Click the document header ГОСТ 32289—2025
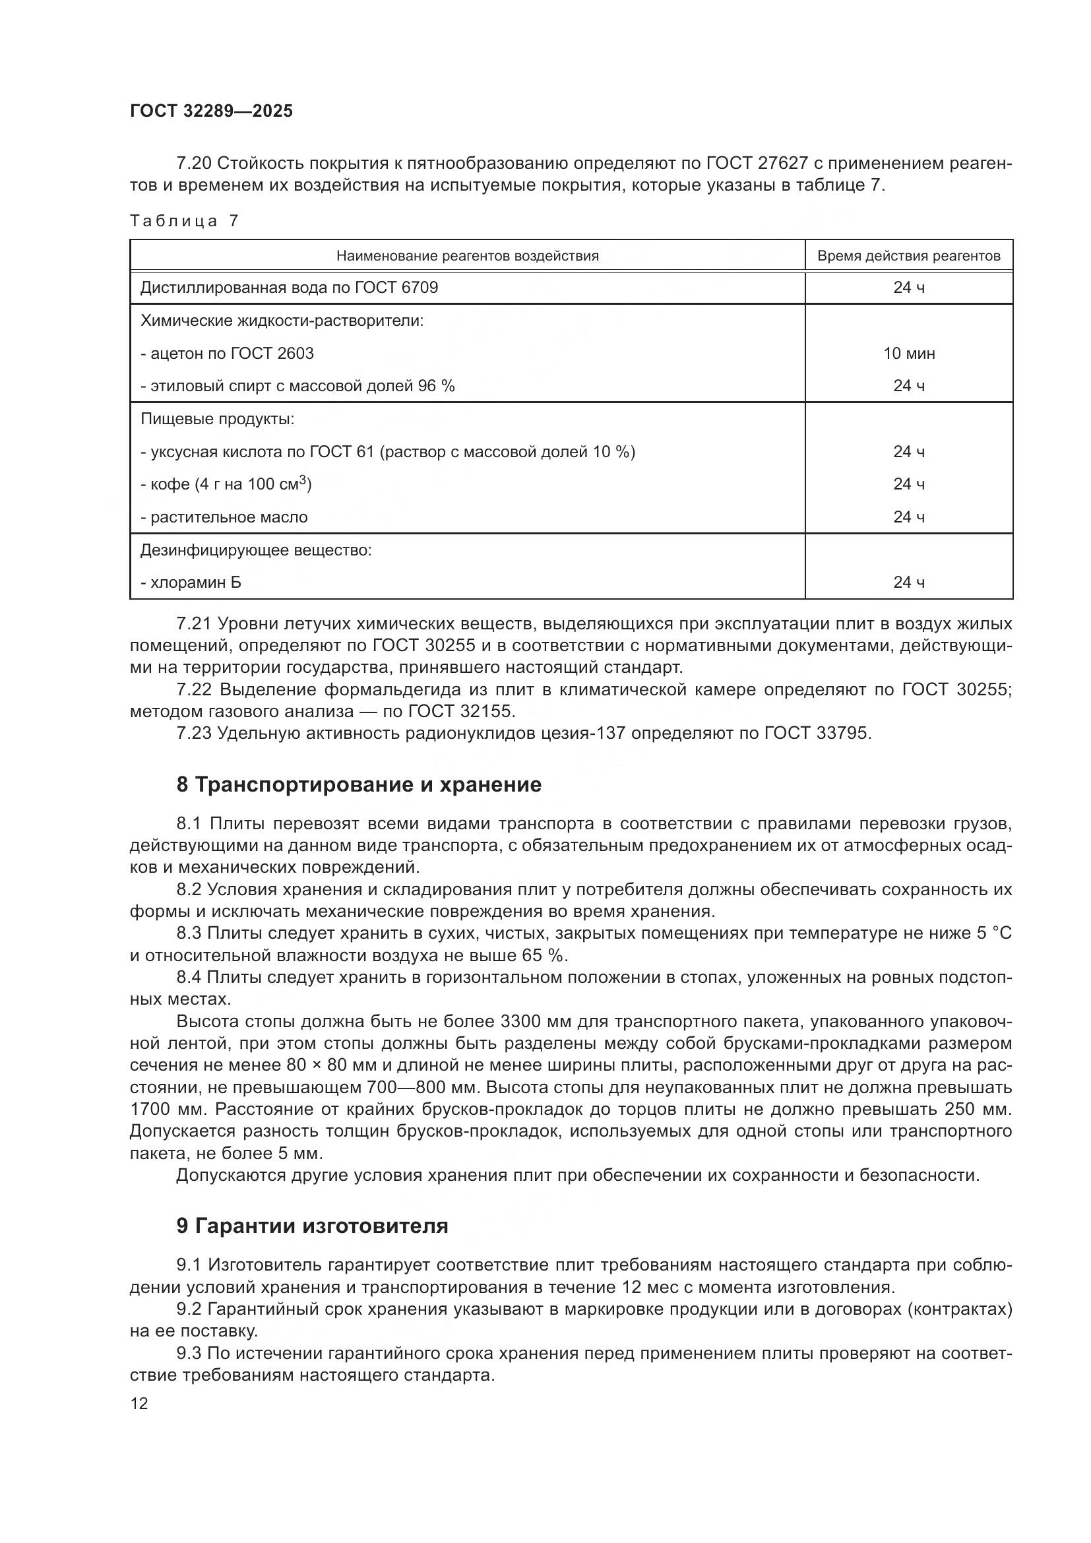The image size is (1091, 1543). (212, 111)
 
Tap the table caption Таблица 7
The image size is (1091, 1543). (184, 221)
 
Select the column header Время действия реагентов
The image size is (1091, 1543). (908, 256)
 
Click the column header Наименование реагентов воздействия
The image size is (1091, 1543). (467, 256)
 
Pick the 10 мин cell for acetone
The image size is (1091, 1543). (908, 354)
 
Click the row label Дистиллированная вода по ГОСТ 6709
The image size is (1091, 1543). (289, 288)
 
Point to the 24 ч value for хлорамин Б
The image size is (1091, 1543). (908, 583)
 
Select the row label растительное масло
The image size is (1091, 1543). (228, 517)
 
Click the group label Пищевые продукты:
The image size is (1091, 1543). (217, 420)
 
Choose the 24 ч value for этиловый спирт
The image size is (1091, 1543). (908, 386)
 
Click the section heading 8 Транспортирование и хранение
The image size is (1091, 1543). (359, 785)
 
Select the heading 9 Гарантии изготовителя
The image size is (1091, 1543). (313, 1226)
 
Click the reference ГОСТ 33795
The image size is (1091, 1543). (816, 733)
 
